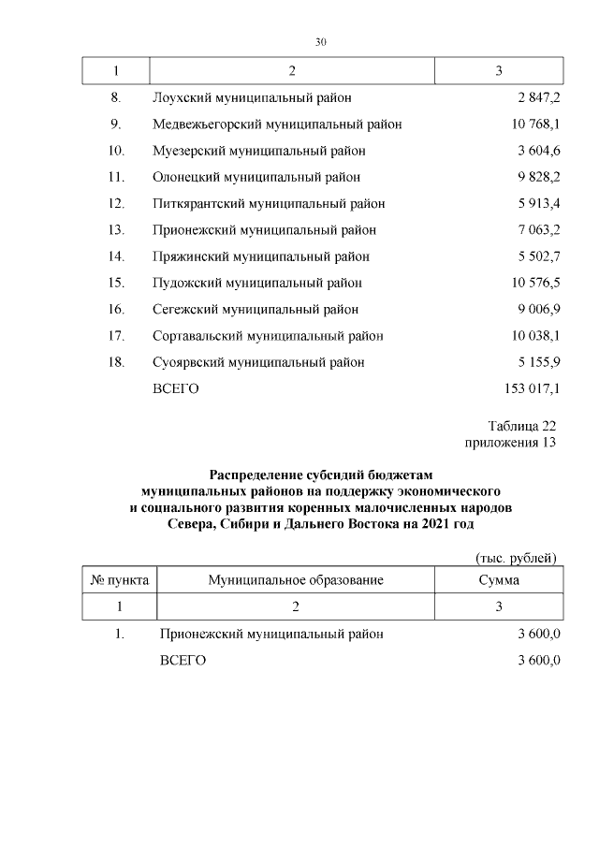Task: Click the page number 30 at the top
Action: (320, 42)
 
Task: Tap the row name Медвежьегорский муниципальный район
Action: (277, 124)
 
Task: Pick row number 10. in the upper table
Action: (117, 150)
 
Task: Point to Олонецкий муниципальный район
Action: (256, 176)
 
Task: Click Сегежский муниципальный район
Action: (255, 309)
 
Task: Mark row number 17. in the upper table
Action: (117, 335)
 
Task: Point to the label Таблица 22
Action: (521, 426)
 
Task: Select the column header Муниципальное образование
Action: (296, 580)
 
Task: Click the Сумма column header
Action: (499, 580)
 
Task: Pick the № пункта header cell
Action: (120, 580)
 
